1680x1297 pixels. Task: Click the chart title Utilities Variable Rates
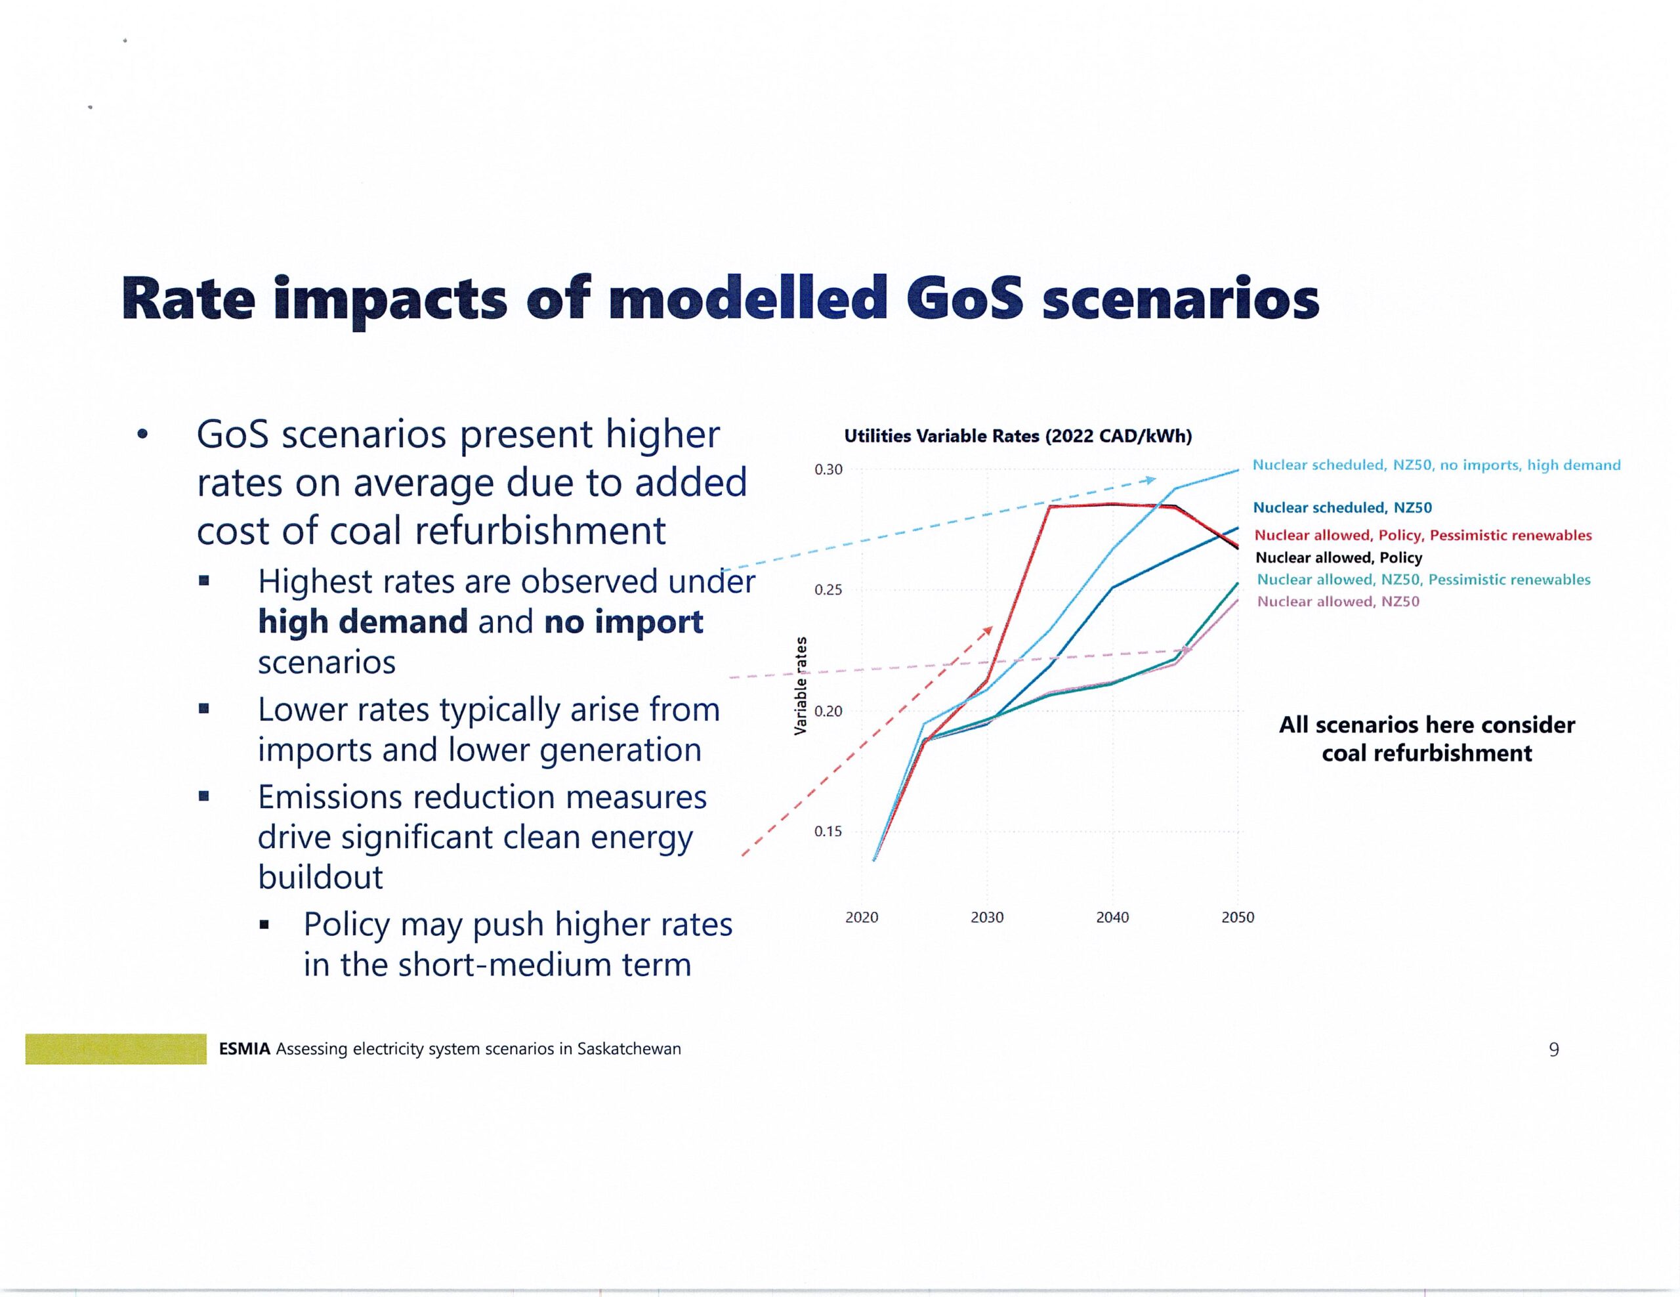[x=1017, y=436]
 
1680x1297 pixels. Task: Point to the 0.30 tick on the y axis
[x=828, y=469]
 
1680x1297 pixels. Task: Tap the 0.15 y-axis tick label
[x=828, y=832]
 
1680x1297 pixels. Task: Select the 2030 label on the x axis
[x=987, y=917]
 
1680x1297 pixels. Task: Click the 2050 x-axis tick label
[x=1238, y=917]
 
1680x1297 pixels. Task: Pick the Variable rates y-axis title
[x=801, y=685]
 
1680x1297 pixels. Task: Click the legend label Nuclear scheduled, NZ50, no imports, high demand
[x=1436, y=465]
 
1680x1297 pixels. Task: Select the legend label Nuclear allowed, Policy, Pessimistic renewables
[x=1423, y=535]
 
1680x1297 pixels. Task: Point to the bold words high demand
[x=362, y=622]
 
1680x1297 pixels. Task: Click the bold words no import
[x=623, y=622]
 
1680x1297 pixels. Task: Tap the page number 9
[x=1553, y=1050]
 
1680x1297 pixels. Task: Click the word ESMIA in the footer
[x=244, y=1048]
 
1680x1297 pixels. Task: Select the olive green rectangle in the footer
[x=115, y=1048]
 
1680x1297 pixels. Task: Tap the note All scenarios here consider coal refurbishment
[x=1426, y=738]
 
